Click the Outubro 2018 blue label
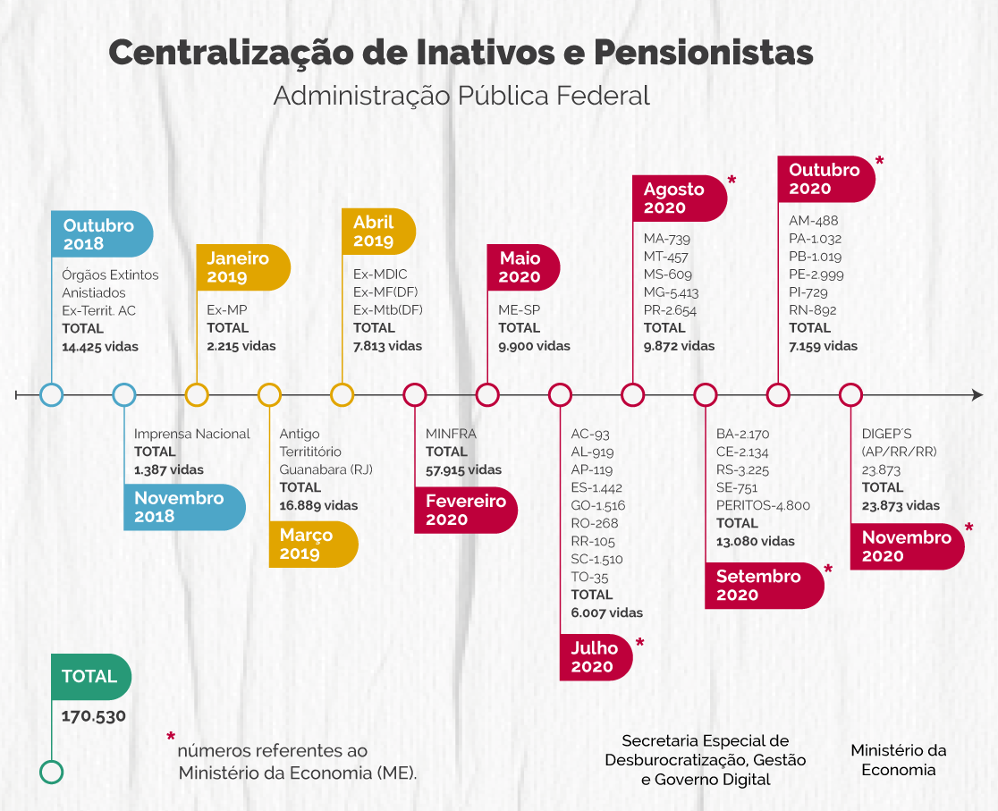click(101, 234)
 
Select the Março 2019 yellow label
click(312, 545)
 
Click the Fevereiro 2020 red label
click(465, 511)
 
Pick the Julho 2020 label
click(595, 657)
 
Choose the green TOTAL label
click(89, 677)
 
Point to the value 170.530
click(93, 715)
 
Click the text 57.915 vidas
click(463, 469)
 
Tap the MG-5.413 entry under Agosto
click(671, 292)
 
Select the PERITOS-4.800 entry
click(763, 505)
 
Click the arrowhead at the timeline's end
click(977, 394)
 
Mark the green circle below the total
click(52, 772)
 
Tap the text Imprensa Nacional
click(192, 434)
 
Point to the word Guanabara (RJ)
click(326, 469)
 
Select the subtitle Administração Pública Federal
click(461, 96)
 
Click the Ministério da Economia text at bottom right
click(898, 760)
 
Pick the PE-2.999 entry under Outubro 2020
click(816, 275)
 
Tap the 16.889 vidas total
click(318, 505)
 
